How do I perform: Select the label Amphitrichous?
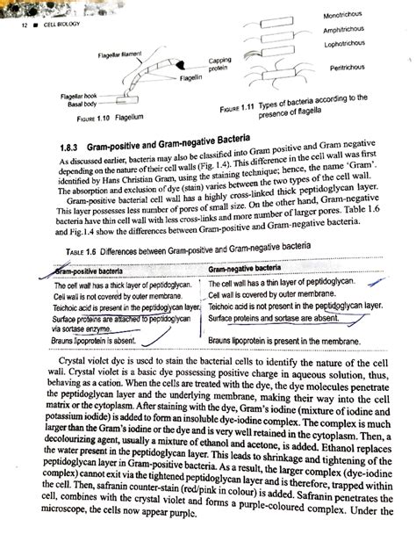(x=347, y=31)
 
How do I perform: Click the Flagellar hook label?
(x=70, y=95)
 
